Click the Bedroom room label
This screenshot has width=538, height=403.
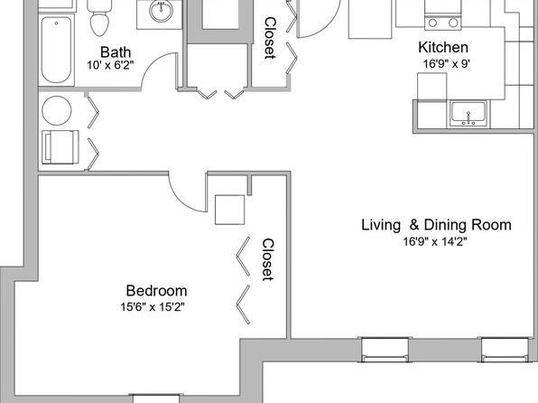coord(156,291)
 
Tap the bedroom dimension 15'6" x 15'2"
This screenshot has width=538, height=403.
coord(153,307)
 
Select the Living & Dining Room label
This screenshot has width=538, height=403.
coord(436,225)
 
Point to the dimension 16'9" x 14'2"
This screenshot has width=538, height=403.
coord(435,242)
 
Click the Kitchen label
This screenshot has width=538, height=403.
coord(443,47)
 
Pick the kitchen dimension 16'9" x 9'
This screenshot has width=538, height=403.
coord(447,64)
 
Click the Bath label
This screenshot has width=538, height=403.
coord(116,52)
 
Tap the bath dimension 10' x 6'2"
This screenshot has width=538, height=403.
coord(110,65)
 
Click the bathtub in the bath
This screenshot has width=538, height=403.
coord(56,50)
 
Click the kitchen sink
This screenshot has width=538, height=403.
coord(468,113)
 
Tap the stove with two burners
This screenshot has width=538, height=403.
coord(443,17)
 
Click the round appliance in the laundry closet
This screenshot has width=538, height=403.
coord(57,110)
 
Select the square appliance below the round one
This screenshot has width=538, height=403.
coord(60,147)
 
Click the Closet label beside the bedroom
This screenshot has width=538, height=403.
coord(268,260)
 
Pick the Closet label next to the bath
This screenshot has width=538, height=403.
coord(270,38)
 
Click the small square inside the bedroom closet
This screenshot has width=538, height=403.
coord(230,210)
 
